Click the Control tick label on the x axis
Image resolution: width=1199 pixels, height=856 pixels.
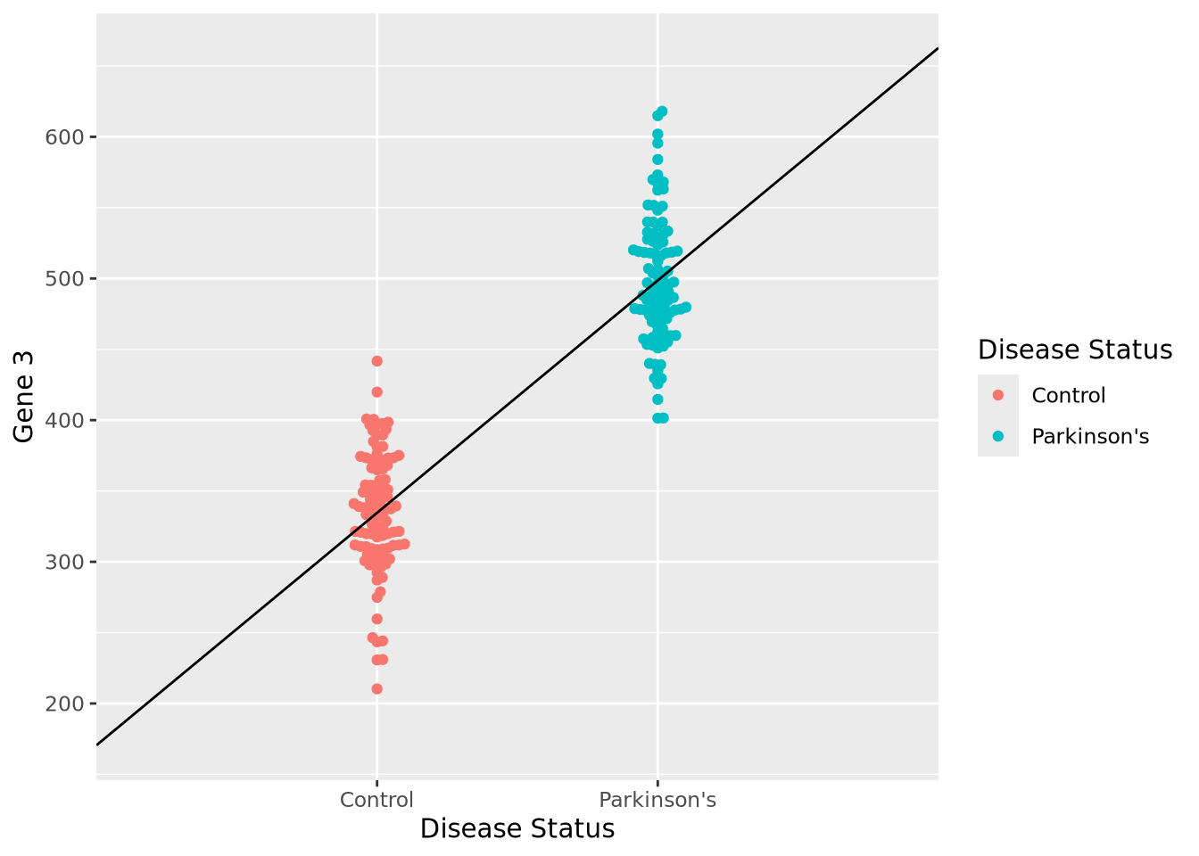(376, 800)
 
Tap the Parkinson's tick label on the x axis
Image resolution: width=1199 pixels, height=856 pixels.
(657, 800)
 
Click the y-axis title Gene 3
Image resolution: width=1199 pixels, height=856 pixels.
(24, 396)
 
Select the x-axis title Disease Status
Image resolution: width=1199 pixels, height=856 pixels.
(517, 829)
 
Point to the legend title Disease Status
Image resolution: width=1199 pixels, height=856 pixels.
(1074, 350)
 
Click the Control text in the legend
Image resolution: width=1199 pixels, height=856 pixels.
(1068, 395)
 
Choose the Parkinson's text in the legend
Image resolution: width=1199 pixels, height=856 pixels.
(1090, 436)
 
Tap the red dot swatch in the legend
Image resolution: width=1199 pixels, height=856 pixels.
(998, 395)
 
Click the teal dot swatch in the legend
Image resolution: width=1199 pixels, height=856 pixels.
(998, 436)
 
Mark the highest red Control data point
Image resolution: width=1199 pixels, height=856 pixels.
(376, 361)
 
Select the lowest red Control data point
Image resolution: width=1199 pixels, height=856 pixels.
(376, 689)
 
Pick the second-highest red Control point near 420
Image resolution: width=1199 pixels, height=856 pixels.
(376, 392)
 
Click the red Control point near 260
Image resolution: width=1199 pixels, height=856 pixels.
(376, 619)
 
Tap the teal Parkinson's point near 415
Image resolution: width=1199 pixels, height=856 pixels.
(657, 399)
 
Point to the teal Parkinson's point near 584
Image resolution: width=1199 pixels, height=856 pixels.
(657, 160)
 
